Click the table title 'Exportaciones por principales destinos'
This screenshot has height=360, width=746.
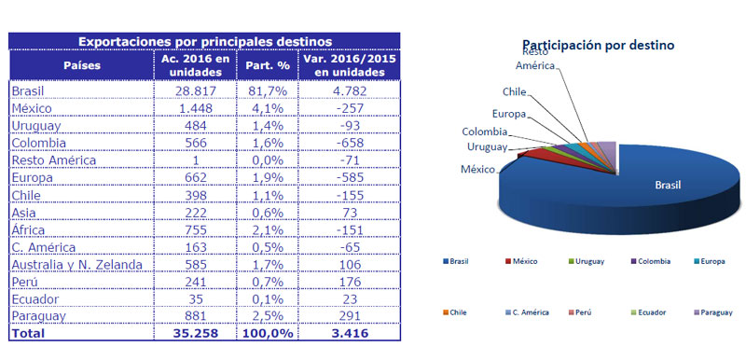[x=204, y=41]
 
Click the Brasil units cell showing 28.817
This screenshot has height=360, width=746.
[x=195, y=92]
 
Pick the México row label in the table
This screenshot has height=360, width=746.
[x=36, y=109]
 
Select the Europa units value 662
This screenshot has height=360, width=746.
[x=195, y=176]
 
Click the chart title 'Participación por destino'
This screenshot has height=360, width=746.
[x=598, y=44]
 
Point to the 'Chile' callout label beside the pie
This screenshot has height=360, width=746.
[x=516, y=91]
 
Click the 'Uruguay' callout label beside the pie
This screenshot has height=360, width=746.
[x=487, y=147]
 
